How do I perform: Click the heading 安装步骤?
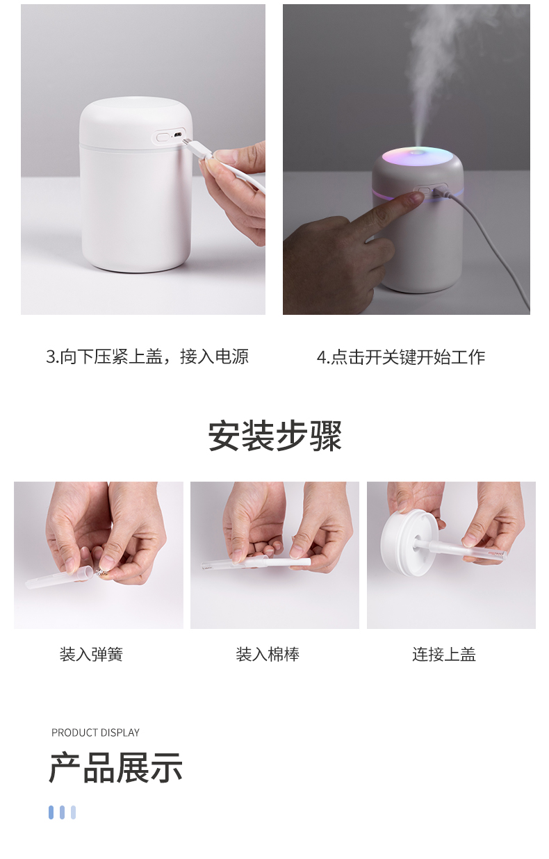point(274,436)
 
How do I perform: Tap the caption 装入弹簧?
point(91,654)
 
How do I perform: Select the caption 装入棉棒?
point(268,654)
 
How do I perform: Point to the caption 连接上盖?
point(444,654)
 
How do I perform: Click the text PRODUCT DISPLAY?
point(95,733)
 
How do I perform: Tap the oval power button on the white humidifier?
point(163,136)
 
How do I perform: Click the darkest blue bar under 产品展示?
point(51,812)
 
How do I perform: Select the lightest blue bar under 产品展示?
point(73,812)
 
